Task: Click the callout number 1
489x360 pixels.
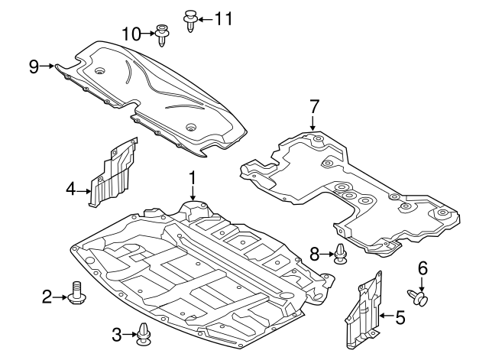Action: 193,177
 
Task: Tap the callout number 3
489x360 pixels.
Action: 117,334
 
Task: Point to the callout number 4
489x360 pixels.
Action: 71,187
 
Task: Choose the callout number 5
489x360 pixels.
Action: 399,314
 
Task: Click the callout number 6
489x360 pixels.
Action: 421,268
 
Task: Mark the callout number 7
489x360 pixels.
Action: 313,105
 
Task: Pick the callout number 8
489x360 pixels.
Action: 313,254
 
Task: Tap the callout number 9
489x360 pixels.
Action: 34,66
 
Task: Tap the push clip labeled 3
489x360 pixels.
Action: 144,332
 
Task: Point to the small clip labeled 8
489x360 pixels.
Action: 340,254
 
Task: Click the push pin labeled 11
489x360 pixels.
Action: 189,19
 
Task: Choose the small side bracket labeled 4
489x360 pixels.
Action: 113,172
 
